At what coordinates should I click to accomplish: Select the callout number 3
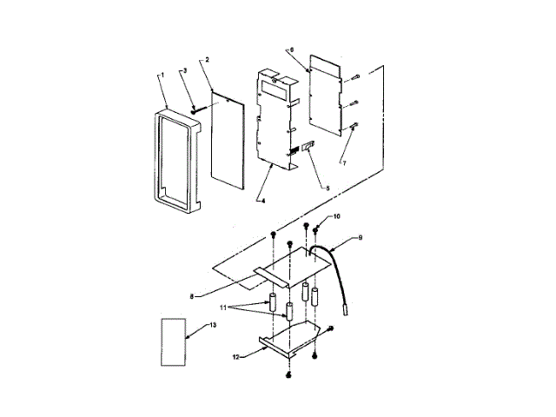click(x=182, y=69)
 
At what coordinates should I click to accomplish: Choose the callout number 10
click(x=338, y=216)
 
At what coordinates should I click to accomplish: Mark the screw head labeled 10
click(x=317, y=229)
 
